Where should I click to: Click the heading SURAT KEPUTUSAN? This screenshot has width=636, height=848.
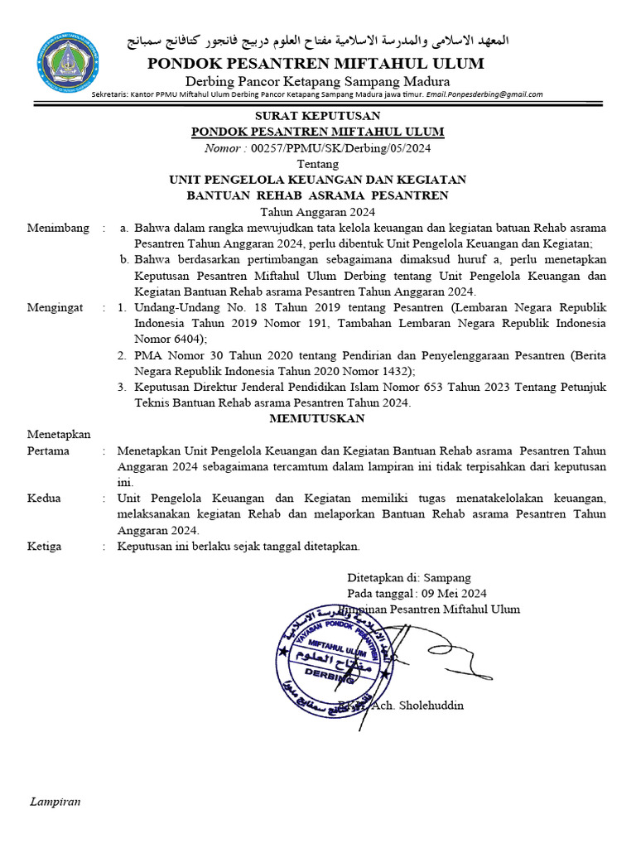pos(317,116)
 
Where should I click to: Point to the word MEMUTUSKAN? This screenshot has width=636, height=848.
pos(317,418)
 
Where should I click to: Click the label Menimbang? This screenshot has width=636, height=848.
pos(57,228)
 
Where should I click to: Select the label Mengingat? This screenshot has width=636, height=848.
pos(55,307)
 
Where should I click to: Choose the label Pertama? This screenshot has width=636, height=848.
pos(48,450)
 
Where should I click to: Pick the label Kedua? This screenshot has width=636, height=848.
pos(45,499)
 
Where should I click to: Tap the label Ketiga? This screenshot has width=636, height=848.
pos(46,547)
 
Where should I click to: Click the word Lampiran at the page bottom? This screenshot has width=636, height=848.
pos(55,802)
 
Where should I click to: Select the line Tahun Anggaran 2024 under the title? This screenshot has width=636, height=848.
pos(317,211)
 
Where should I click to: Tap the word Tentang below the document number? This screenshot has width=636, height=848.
pos(317,164)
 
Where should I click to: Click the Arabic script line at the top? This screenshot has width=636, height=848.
pos(317,41)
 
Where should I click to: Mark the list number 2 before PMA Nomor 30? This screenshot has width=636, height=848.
pos(122,355)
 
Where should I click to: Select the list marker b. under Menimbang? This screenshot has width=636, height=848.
pos(124,259)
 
